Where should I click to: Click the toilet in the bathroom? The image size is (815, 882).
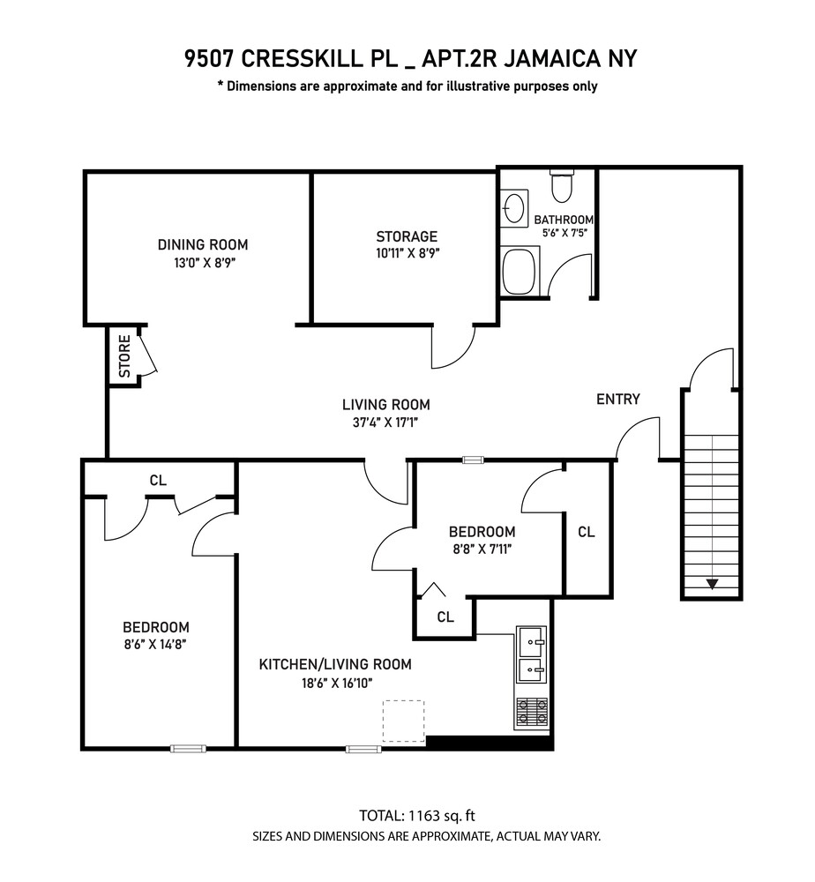click(x=562, y=184)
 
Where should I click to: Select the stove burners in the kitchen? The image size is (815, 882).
click(x=532, y=712)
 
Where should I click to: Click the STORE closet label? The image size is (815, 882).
click(x=124, y=355)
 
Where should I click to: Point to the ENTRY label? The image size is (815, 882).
click(x=617, y=399)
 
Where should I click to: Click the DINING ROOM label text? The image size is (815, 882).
click(x=203, y=244)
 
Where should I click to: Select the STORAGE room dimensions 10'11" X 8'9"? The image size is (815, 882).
click(x=407, y=252)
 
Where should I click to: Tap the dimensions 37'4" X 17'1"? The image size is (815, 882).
click(x=386, y=422)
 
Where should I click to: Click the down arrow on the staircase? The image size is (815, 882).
click(x=710, y=583)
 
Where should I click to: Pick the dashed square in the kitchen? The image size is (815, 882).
click(x=403, y=721)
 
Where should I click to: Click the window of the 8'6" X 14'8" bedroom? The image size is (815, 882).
click(x=188, y=749)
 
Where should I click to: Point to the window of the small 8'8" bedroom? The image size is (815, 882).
click(x=474, y=460)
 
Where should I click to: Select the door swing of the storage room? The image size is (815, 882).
click(x=452, y=347)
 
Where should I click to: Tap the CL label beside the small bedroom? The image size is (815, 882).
click(x=587, y=532)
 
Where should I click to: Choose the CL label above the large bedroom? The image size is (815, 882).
click(x=158, y=481)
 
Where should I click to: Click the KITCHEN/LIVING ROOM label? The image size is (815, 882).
click(x=334, y=664)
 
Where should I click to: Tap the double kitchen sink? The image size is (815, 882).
click(x=532, y=654)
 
